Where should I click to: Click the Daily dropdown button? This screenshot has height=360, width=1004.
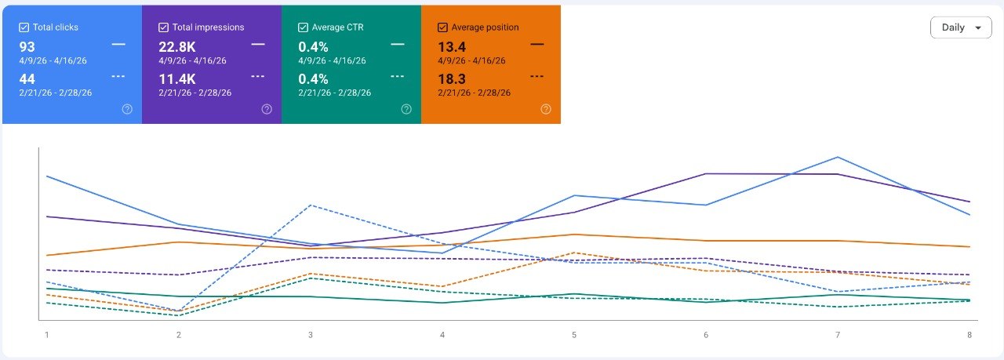961,27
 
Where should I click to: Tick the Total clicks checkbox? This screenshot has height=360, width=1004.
24,27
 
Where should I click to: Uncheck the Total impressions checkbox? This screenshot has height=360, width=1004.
163,27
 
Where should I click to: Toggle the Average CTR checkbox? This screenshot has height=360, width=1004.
303,27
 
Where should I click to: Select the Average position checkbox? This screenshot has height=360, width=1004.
442,27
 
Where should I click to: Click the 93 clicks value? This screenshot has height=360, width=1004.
27,46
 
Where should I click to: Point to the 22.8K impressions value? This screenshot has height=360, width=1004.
177,46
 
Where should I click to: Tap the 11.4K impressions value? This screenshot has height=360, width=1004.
177,79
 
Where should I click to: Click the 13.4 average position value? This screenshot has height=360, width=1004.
452,46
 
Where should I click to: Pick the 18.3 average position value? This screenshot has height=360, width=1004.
452,79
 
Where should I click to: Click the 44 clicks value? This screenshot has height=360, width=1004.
27,79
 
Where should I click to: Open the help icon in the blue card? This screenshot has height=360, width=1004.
127,109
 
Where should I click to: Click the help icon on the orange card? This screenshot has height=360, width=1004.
546,109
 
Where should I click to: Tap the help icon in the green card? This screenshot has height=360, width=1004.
406,109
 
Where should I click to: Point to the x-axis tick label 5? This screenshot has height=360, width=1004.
574,335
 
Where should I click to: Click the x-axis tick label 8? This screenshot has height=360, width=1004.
969,335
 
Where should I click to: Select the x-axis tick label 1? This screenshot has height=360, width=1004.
46,335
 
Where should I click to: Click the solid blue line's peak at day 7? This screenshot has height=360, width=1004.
838,157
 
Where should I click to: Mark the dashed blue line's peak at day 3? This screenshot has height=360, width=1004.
311,205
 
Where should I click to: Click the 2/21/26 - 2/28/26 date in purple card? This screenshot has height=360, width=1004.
195,93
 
